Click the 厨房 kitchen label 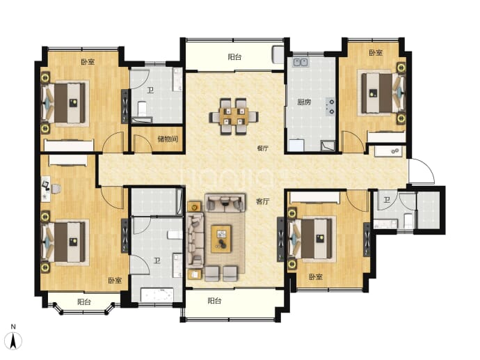click(304, 102)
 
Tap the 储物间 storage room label click(168, 139)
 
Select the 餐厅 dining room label click(263, 148)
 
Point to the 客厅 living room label click(263, 201)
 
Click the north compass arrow click(13, 341)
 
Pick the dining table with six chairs click(234, 117)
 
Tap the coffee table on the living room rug click(221, 239)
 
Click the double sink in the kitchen click(301, 62)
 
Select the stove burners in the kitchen click(330, 106)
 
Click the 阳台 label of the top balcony click(234, 57)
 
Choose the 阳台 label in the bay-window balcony click(84, 302)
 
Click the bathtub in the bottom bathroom click(157, 295)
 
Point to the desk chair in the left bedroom click(56, 189)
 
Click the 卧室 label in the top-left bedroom click(88, 62)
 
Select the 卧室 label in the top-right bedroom click(376, 53)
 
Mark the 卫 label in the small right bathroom click(387, 200)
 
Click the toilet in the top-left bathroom click(142, 109)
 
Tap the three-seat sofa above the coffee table click(225, 203)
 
